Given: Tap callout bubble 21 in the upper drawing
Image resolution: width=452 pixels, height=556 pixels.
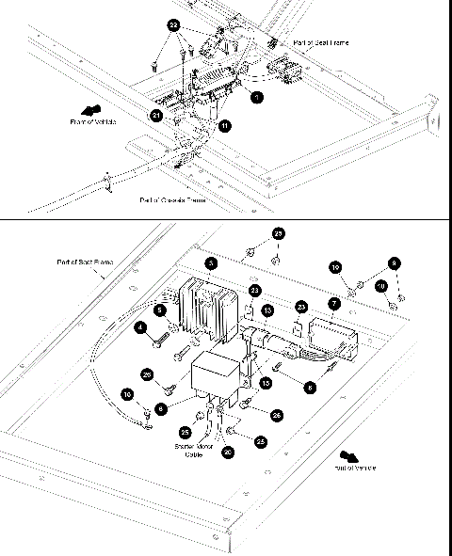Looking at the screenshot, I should (x=156, y=114).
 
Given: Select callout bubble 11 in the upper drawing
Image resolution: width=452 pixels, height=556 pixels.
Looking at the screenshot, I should (x=224, y=125).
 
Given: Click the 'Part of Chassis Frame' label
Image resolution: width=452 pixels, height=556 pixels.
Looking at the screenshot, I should (x=172, y=199).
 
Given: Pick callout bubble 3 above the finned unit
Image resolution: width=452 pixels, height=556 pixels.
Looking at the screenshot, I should (x=211, y=263).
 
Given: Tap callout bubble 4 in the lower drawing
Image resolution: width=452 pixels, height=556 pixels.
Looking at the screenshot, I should (x=140, y=328).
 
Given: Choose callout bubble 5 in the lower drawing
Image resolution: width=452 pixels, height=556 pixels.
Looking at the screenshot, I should (x=160, y=310).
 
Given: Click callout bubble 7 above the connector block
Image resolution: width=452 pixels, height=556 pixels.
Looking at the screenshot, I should (x=333, y=304).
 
